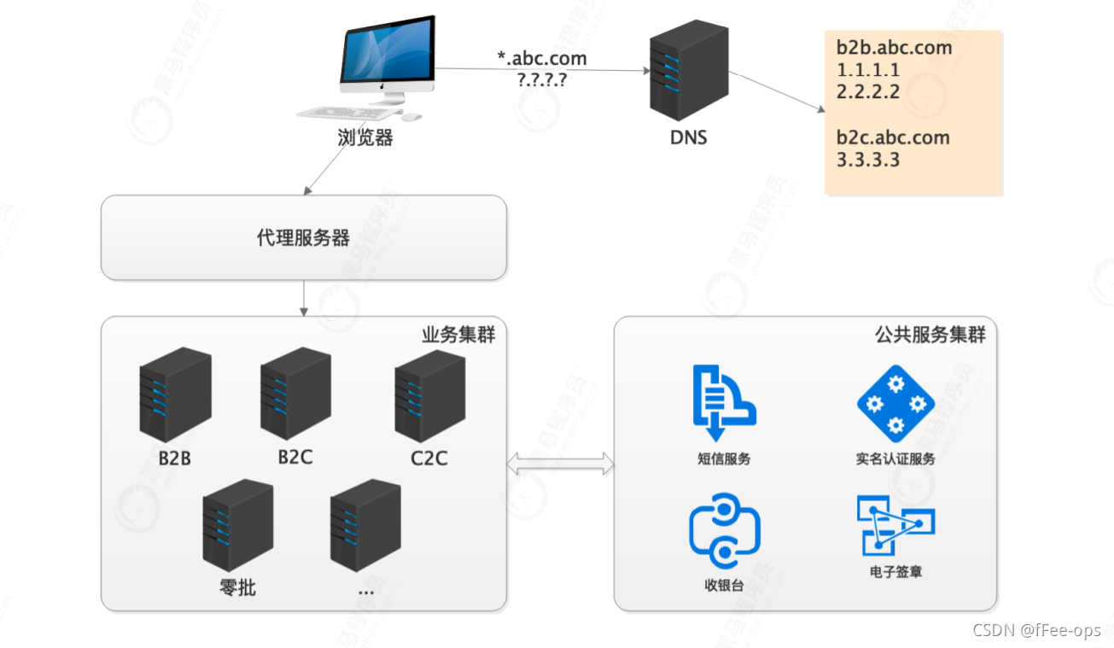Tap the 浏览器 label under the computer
pos(365,137)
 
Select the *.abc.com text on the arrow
pos(542,59)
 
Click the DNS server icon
pos(689,70)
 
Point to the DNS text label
pos(688,137)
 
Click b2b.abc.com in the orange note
pos(894,48)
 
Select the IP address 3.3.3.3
pos(868,160)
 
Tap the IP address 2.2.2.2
pos(868,92)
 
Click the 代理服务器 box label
pos(303,238)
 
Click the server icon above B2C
pos(295,394)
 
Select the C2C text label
pos(429,458)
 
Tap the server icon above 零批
pos(237,524)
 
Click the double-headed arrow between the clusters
pos(560,464)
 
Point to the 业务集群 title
pos(458,334)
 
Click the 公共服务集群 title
pos(930,334)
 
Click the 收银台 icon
pos(724,530)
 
